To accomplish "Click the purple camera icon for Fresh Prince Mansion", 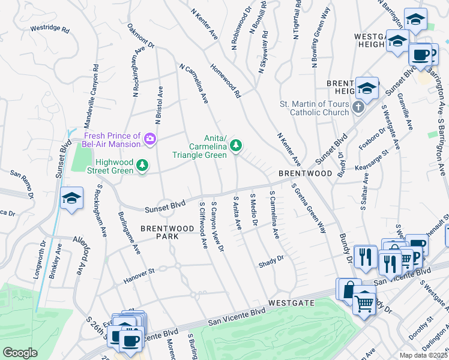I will click(150, 140).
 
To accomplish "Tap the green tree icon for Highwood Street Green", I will click(142, 164).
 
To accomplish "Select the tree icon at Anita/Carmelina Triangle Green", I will click(237, 145).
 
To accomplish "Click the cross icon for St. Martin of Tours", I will click(358, 107).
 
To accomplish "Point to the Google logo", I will click(20, 353).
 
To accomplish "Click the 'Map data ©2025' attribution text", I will click(423, 355).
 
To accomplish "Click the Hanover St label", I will click(139, 271).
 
